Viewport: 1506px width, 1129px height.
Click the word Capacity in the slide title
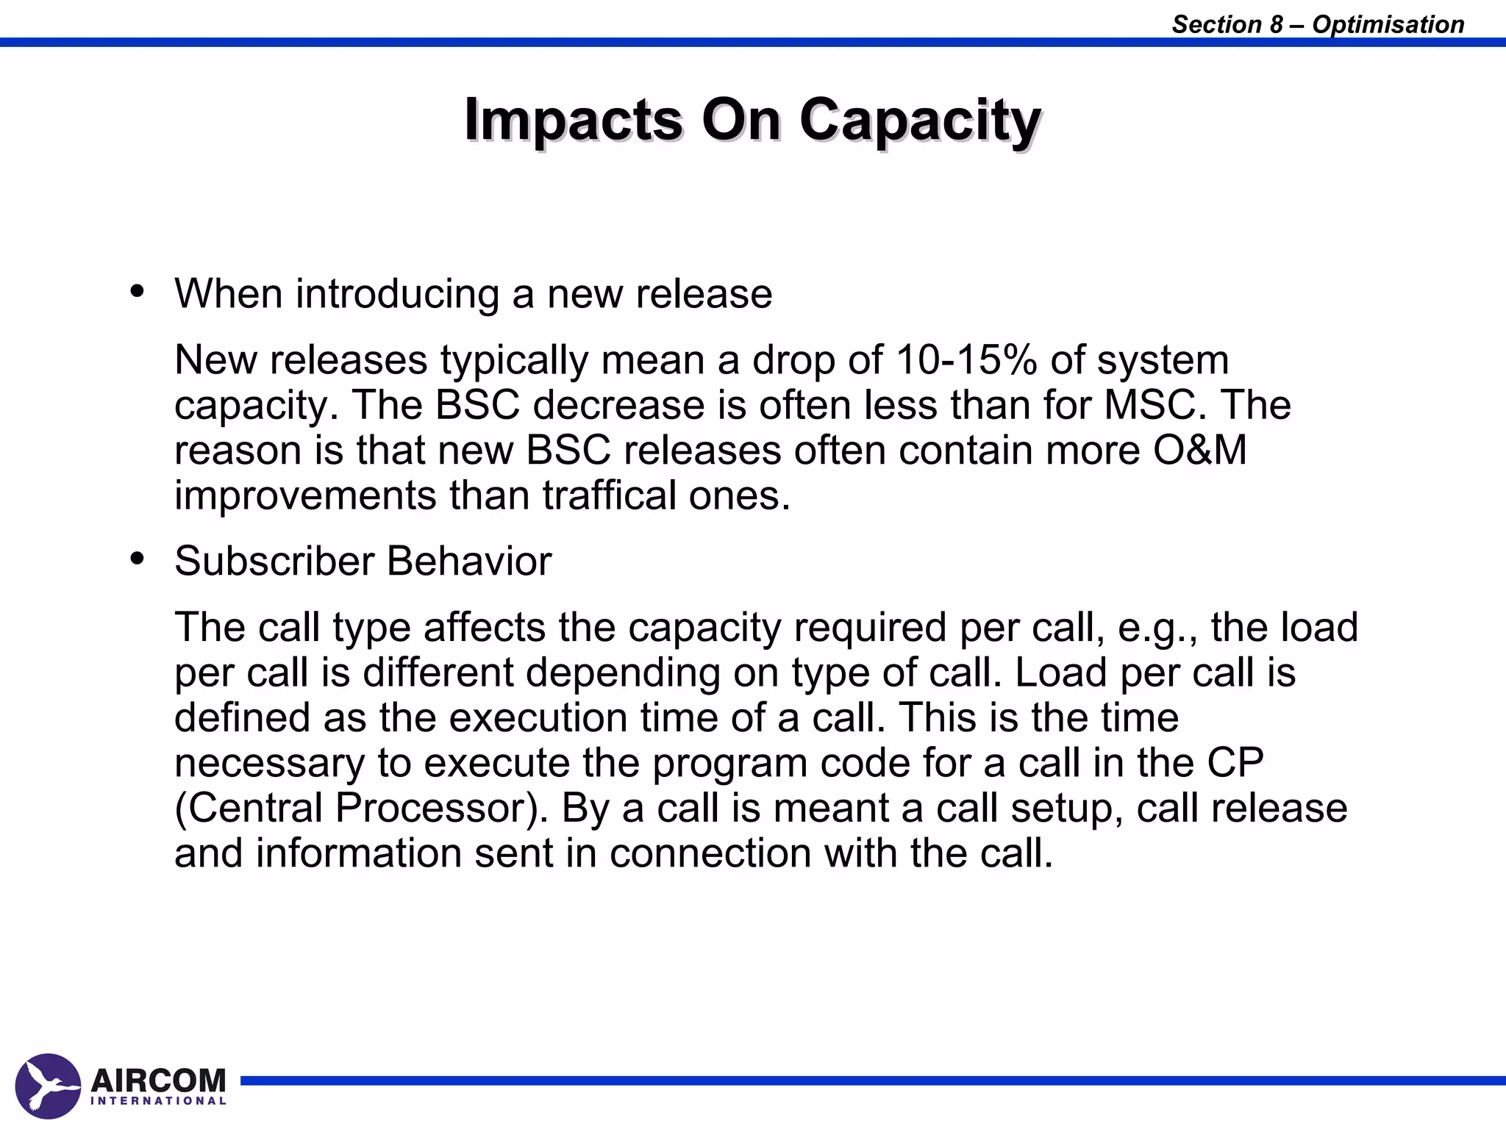point(919,121)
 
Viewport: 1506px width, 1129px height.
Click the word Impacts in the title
point(574,121)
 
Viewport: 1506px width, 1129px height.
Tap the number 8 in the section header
point(1276,24)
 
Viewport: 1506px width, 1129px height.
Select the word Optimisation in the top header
point(1388,24)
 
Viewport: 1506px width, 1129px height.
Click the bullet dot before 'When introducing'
point(137,291)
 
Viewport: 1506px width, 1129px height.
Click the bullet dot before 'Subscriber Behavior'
point(137,559)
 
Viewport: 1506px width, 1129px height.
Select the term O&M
point(1199,450)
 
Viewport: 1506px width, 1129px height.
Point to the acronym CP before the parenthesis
point(1235,763)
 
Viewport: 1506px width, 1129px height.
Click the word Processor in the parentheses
point(435,808)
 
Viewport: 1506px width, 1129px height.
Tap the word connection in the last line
point(710,853)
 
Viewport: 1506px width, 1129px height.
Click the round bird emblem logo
point(48,1086)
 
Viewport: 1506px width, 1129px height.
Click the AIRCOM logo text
point(158,1080)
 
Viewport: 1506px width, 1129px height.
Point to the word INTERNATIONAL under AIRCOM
point(158,1101)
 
